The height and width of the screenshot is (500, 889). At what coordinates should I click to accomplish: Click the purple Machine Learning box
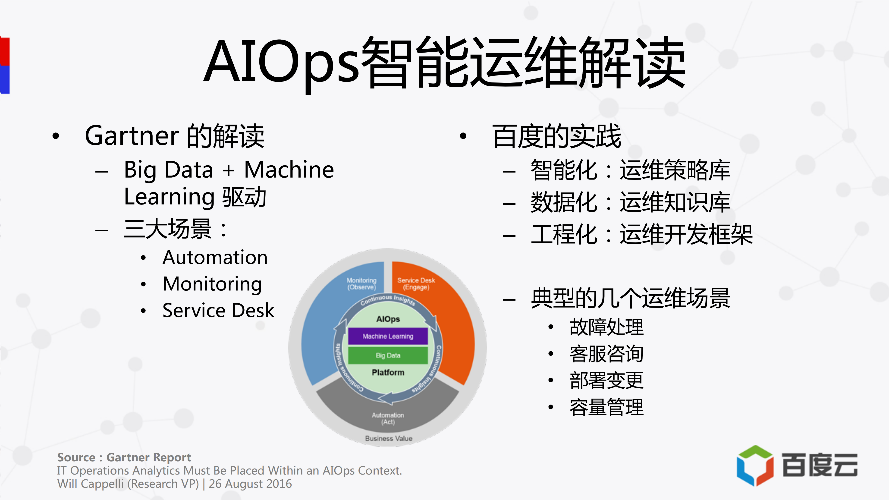click(x=388, y=336)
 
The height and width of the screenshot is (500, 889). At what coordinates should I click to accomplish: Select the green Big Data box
click(x=388, y=355)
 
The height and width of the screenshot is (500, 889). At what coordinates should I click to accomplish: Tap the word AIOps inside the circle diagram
click(x=388, y=319)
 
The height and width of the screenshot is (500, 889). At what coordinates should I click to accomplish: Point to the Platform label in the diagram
click(x=388, y=372)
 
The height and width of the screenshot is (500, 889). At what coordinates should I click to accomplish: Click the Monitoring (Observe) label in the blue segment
click(x=361, y=284)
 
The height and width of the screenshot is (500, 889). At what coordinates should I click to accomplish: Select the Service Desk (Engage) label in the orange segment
click(x=416, y=284)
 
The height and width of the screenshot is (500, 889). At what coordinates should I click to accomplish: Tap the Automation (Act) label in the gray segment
click(x=388, y=418)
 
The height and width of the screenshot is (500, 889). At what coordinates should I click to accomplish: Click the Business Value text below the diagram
click(x=389, y=438)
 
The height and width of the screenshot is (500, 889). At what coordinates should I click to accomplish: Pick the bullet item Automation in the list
click(x=215, y=258)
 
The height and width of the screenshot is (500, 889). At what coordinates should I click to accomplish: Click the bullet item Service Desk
click(x=218, y=310)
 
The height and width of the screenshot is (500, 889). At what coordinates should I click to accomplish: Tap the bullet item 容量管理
click(x=606, y=407)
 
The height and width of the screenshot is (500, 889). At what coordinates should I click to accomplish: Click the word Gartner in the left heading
click(x=132, y=136)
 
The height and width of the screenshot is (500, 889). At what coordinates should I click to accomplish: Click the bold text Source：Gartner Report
click(x=124, y=457)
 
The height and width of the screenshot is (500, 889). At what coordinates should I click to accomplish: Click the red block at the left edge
click(x=5, y=51)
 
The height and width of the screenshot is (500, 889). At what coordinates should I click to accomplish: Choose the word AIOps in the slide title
click(x=281, y=62)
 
